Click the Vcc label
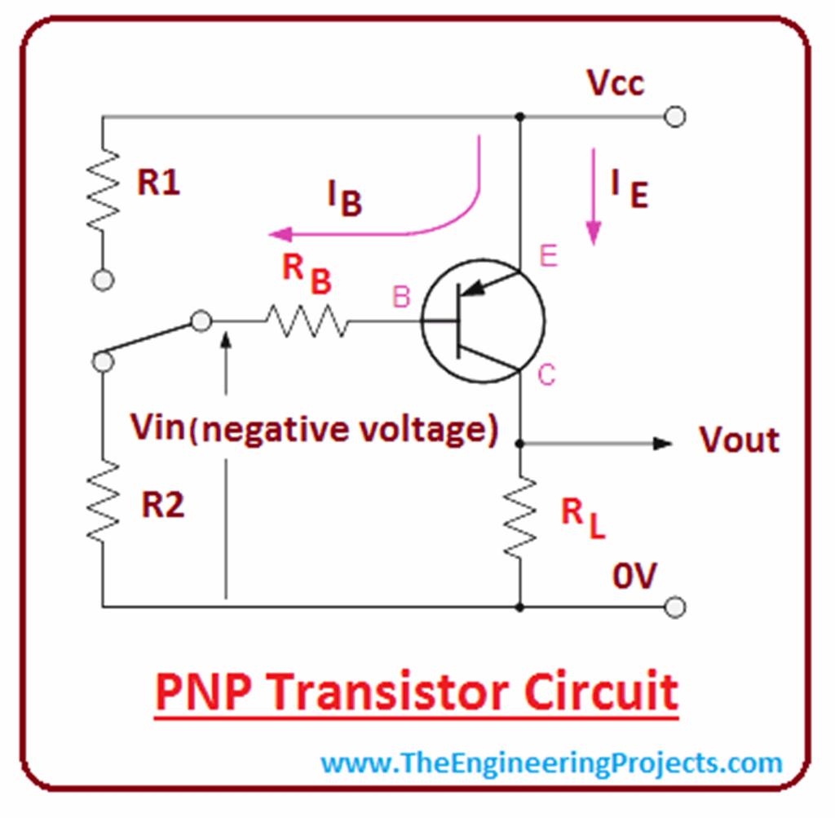tap(615, 83)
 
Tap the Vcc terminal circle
tap(674, 117)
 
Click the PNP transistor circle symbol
tap(483, 321)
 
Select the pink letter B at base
tap(401, 298)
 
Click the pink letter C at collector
tap(547, 375)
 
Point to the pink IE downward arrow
tap(594, 196)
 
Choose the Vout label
tap(739, 440)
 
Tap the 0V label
tap(634, 577)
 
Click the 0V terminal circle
tap(674, 608)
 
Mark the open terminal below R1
tap(103, 281)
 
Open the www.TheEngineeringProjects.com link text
tap(551, 764)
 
